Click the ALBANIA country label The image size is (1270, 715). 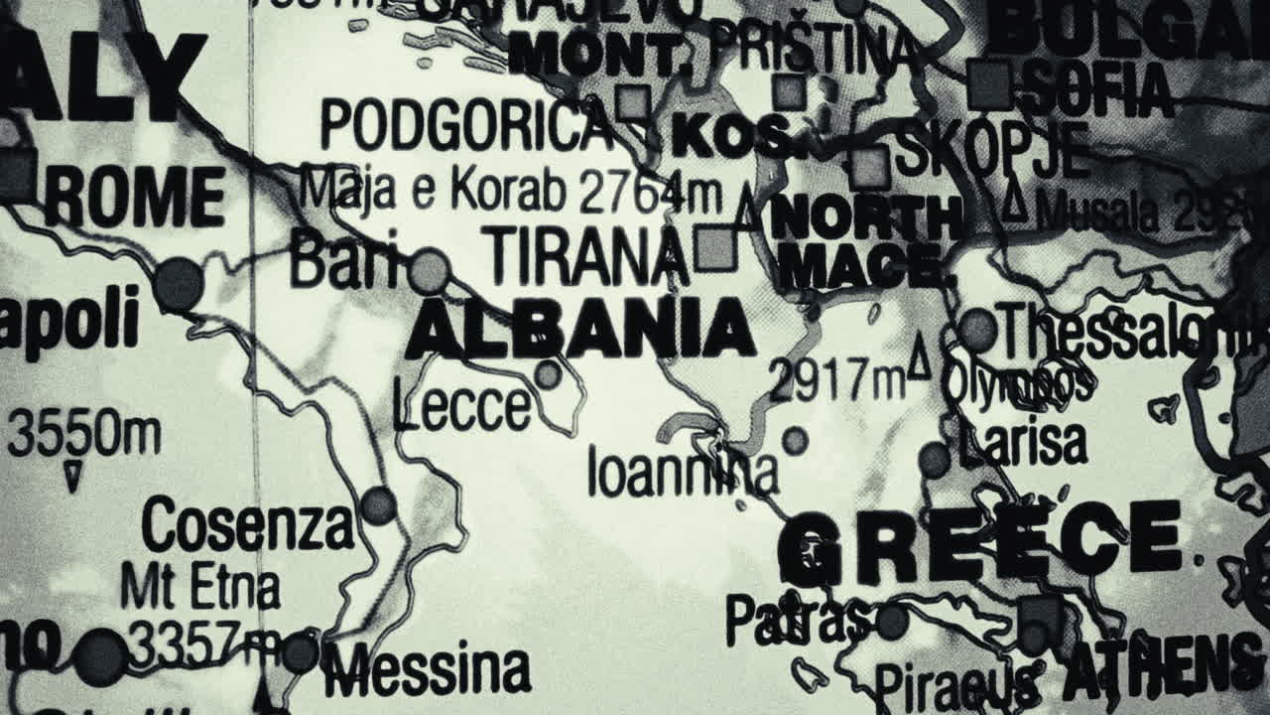[580, 330]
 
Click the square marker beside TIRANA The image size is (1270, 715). [713, 248]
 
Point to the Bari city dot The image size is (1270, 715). [430, 271]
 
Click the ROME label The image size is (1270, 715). [135, 198]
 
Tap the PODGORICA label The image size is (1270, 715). [466, 126]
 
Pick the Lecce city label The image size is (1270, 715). [461, 407]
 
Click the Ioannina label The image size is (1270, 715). [683, 471]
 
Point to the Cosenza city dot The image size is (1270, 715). [378, 505]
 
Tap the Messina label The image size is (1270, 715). [426, 669]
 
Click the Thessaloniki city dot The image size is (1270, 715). [977, 329]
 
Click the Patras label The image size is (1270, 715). [799, 619]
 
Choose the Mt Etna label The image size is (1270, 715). [199, 587]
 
